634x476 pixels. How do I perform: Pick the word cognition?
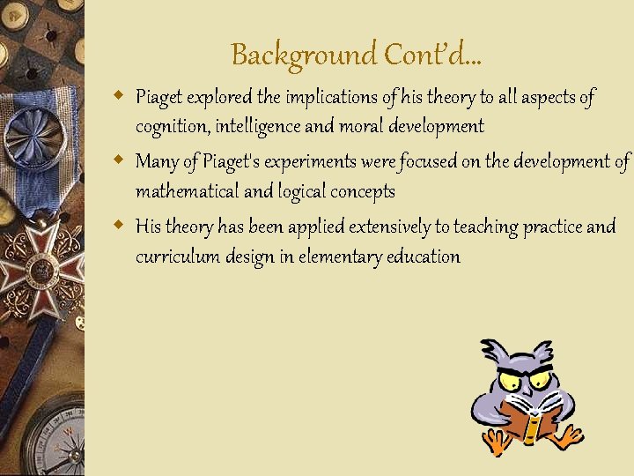[x=171, y=126]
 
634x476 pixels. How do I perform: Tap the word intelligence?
[x=256, y=126]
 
